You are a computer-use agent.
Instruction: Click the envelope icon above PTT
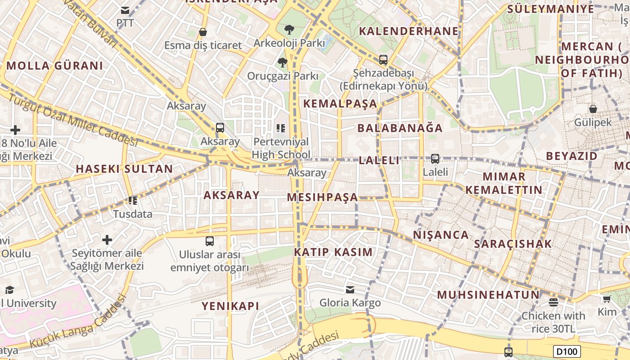pyautogui.click(x=125, y=10)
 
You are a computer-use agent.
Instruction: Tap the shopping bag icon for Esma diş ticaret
pyautogui.click(x=203, y=32)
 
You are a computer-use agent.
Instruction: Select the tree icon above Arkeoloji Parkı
pyautogui.click(x=289, y=30)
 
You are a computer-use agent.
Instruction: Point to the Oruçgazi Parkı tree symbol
pyautogui.click(x=282, y=62)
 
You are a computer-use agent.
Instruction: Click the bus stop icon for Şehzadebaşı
pyautogui.click(x=383, y=59)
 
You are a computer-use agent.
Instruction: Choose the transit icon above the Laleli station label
pyautogui.click(x=435, y=158)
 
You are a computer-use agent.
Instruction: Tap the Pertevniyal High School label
pyautogui.click(x=281, y=148)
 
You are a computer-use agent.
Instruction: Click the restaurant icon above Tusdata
pyautogui.click(x=132, y=200)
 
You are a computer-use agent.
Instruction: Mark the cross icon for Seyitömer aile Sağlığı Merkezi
pyautogui.click(x=107, y=239)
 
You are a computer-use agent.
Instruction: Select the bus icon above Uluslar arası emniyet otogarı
pyautogui.click(x=210, y=241)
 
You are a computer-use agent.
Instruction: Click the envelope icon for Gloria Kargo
pyautogui.click(x=350, y=289)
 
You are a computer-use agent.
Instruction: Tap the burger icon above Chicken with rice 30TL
pyautogui.click(x=553, y=302)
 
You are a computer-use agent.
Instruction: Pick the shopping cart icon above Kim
pyautogui.click(x=607, y=299)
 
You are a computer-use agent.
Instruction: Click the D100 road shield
pyautogui.click(x=567, y=351)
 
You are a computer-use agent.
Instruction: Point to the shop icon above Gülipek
pyautogui.click(x=593, y=108)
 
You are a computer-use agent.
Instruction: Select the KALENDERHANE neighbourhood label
pyautogui.click(x=409, y=31)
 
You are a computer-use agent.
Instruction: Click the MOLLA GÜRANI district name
pyautogui.click(x=54, y=66)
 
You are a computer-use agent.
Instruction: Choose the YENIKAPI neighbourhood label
pyautogui.click(x=230, y=306)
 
